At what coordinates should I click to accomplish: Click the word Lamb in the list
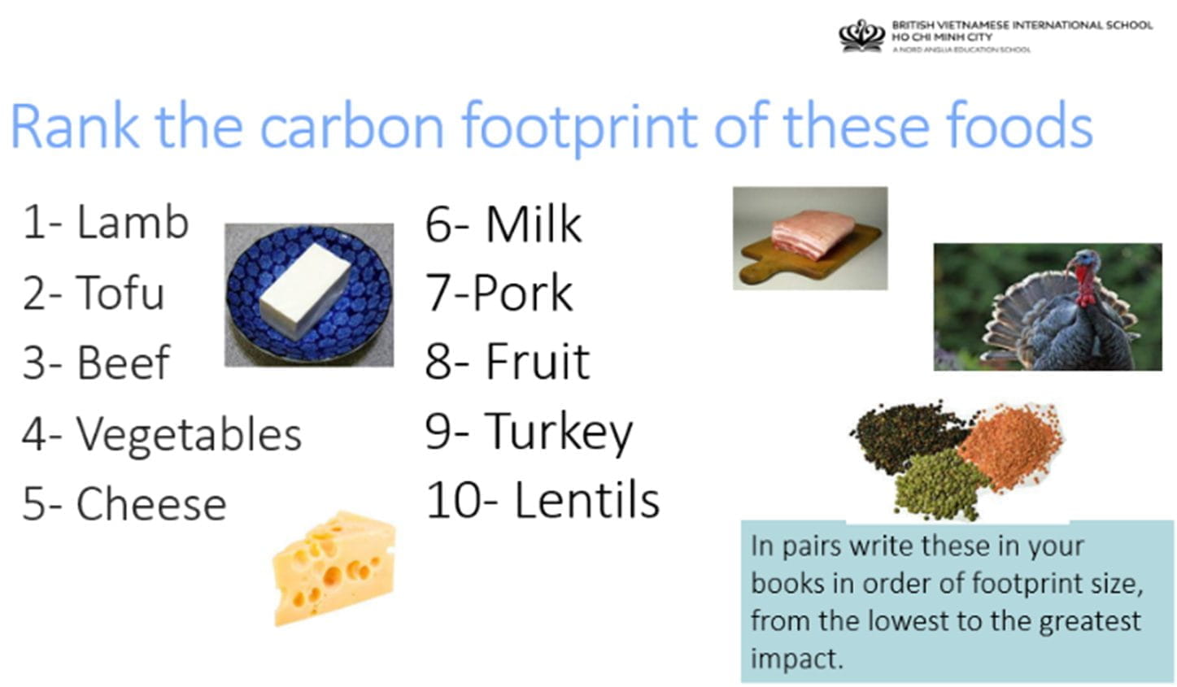133,222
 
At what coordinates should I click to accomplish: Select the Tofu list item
94,292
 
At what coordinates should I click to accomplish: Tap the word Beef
124,362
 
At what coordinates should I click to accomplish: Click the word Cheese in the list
151,503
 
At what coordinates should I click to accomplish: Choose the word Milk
534,224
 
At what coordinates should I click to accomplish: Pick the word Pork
522,293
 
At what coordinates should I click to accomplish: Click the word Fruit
538,361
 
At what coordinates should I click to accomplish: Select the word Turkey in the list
559,433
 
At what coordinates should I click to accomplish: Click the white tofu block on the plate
305,289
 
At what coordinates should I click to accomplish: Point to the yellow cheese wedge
334,568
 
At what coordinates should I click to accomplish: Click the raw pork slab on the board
813,233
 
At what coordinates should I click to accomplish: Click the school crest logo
861,36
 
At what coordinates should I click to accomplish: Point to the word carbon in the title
352,127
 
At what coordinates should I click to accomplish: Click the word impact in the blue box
797,659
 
